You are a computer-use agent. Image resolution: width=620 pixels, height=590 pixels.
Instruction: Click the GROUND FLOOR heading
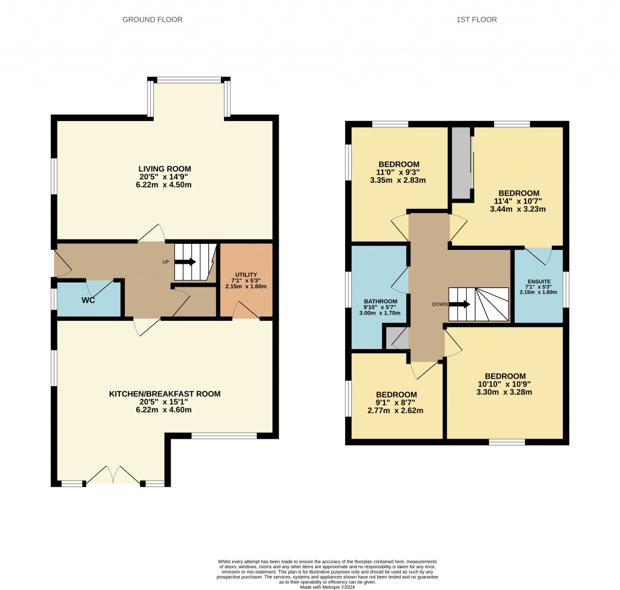tap(152, 20)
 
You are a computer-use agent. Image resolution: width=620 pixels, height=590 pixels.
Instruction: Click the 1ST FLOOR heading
tap(477, 20)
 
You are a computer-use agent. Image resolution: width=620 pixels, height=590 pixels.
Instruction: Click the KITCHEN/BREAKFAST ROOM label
tap(164, 394)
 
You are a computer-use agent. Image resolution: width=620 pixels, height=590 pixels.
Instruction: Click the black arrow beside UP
tap(186, 262)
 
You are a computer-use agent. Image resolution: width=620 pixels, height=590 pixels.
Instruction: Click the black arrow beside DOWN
tap(460, 304)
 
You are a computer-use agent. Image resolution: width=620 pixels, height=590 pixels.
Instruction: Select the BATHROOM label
tap(380, 301)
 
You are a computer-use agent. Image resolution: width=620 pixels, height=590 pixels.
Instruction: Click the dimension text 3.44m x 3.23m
tap(518, 209)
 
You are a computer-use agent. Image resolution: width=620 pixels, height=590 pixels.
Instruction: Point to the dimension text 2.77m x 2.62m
tap(395, 410)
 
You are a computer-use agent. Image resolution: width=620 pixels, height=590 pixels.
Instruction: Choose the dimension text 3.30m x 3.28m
tap(505, 392)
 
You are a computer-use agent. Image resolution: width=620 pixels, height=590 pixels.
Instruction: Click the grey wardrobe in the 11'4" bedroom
tap(461, 163)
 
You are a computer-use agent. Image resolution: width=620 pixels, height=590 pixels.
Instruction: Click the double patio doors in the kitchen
tap(113, 476)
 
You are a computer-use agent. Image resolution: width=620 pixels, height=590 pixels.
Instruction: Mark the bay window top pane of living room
tap(188, 79)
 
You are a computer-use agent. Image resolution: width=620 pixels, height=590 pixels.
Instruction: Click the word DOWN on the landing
tap(440, 304)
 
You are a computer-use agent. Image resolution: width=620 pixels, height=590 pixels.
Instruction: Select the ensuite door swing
tap(538, 256)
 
